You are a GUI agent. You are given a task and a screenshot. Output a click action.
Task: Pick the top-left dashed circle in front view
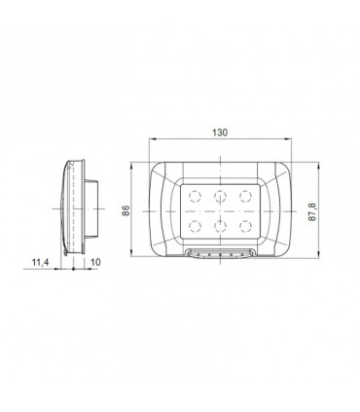coord(194,194)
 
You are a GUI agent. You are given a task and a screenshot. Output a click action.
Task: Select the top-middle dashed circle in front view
coord(219,194)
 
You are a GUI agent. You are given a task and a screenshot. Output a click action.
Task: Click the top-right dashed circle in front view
coord(244,194)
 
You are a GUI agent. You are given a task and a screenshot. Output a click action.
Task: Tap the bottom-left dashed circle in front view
coord(194,225)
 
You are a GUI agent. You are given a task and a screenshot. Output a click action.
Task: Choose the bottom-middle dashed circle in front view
coord(219,225)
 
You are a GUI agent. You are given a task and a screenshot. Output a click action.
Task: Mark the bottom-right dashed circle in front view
coord(244,225)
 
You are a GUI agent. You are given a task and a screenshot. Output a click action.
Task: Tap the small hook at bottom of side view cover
coord(66,256)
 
